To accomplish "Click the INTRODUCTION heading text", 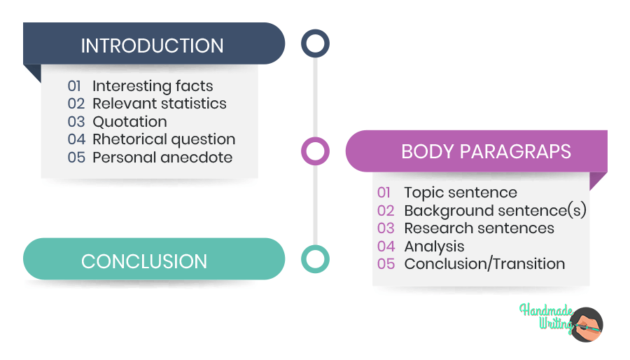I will (152, 46).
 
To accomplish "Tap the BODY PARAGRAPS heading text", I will (486, 151).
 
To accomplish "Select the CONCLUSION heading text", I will (144, 261).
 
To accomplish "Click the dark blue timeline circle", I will (315, 43).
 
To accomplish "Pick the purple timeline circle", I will (315, 151).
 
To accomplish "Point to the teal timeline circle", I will (315, 258).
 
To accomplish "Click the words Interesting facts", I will (153, 86).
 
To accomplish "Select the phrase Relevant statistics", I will (160, 104).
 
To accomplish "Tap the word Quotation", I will (129, 122).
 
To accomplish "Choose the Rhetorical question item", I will (164, 139).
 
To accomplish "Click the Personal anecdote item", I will (162, 158).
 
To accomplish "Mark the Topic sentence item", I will (461, 193).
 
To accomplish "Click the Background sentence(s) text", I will (495, 211).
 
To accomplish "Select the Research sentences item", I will (479, 228).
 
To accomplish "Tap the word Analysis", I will (434, 247).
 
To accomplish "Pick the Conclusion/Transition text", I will (484, 264).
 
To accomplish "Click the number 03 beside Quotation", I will (76, 122).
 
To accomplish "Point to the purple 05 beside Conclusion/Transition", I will (386, 264).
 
